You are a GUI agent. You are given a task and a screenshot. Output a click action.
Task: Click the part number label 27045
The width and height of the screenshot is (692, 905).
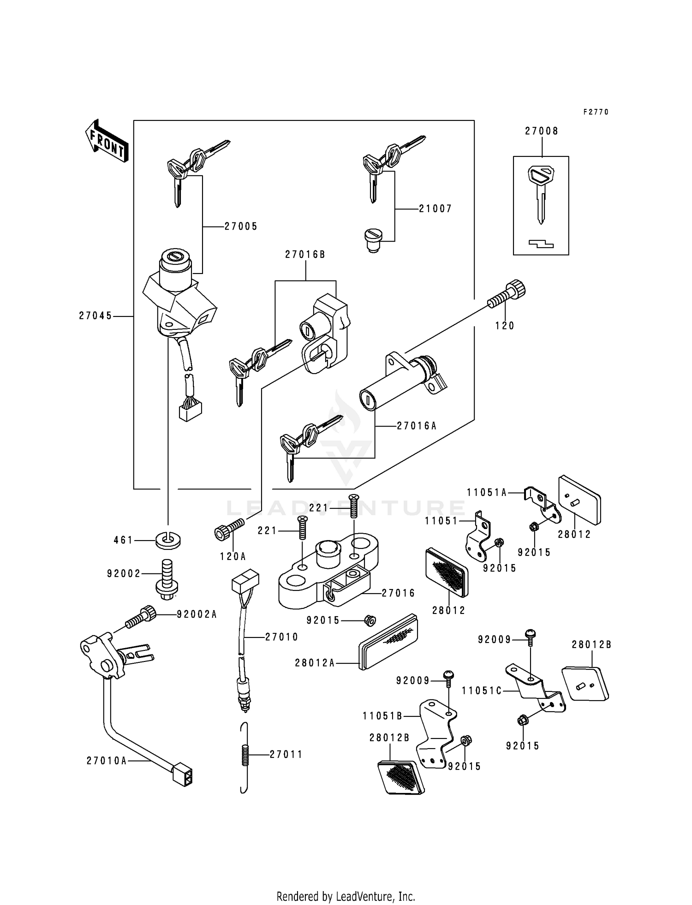[95, 316]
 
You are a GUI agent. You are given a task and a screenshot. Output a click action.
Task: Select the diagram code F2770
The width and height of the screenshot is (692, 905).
[596, 112]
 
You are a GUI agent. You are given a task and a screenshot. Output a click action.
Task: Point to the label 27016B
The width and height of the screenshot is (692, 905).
[305, 254]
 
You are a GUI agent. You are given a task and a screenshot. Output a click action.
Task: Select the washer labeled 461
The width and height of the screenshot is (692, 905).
[168, 540]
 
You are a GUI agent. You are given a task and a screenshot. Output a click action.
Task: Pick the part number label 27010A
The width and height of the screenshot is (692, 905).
[106, 761]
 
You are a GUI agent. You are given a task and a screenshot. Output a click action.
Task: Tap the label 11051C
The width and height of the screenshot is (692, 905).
[482, 691]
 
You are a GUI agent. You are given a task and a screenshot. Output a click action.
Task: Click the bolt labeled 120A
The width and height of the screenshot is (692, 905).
[228, 529]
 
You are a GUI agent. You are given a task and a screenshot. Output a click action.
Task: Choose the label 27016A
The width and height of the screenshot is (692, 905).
[416, 426]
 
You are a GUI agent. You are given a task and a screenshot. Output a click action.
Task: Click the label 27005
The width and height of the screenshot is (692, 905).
[241, 226]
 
